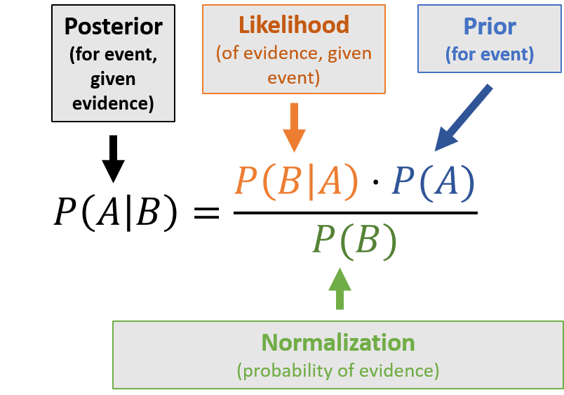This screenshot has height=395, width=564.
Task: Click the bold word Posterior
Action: coord(113,27)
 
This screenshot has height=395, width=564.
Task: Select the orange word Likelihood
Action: coord(293,25)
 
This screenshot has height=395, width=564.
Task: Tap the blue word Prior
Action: coord(489,27)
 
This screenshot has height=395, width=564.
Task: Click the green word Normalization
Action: coord(338,342)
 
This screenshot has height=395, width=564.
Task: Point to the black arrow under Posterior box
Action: coord(113,169)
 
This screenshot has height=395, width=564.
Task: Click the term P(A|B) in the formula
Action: coord(116,212)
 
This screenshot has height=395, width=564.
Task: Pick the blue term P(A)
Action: coord(433,181)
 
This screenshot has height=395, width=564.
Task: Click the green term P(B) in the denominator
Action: coord(355,240)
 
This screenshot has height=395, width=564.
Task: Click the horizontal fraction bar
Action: coord(355,212)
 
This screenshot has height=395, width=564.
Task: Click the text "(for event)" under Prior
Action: coord(489,53)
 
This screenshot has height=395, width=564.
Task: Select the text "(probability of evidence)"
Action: coord(338,369)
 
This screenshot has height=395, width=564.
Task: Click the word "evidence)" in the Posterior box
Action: coord(113,103)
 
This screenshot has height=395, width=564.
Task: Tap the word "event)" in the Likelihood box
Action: coord(293,77)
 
